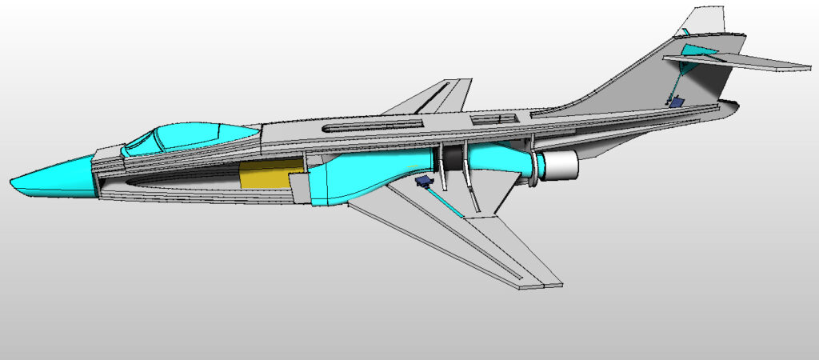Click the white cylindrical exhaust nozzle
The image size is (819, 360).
(559, 165)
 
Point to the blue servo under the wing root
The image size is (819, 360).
(424, 182)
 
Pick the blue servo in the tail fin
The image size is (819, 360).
(677, 102)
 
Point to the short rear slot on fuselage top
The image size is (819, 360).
(489, 119)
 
